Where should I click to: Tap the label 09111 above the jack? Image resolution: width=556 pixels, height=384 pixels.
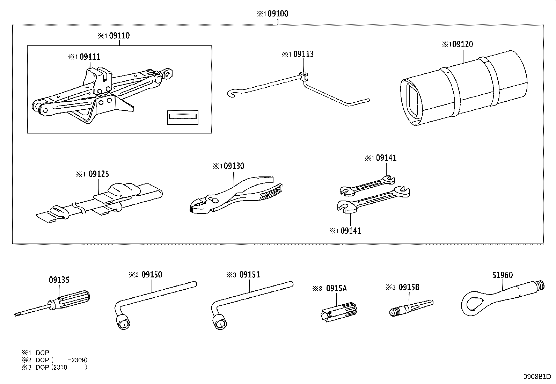[x=90, y=57]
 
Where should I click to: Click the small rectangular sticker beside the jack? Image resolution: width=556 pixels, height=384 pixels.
[x=183, y=117]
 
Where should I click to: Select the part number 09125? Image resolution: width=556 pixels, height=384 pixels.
[x=98, y=174]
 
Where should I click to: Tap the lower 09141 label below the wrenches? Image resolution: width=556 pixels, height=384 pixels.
[x=350, y=231]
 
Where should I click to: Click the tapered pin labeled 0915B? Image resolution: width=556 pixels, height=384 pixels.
[x=410, y=307]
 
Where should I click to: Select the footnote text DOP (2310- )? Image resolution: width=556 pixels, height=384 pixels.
[x=61, y=367]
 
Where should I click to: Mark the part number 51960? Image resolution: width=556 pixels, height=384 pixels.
[x=503, y=275]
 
